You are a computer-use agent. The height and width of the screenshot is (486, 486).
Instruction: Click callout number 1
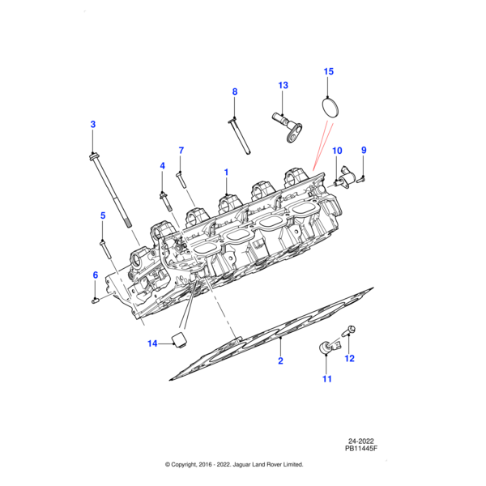226,172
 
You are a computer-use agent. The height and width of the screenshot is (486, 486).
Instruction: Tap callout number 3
92,124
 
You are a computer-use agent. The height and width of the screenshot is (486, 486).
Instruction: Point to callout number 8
235,92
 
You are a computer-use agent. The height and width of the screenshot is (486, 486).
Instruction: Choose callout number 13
283,85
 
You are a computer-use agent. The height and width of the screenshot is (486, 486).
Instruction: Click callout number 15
328,72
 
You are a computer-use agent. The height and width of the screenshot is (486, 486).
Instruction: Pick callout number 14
151,343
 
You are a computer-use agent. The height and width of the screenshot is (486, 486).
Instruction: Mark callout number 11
327,378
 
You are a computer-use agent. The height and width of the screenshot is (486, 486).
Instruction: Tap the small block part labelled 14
178,339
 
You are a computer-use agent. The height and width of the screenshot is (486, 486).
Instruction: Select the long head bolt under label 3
109,190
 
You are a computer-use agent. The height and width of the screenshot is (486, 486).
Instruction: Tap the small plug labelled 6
96,301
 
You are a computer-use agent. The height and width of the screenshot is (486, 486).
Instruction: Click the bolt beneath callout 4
164,198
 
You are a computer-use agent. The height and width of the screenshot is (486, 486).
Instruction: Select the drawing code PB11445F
361,448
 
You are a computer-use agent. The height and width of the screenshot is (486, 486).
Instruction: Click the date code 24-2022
364,439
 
